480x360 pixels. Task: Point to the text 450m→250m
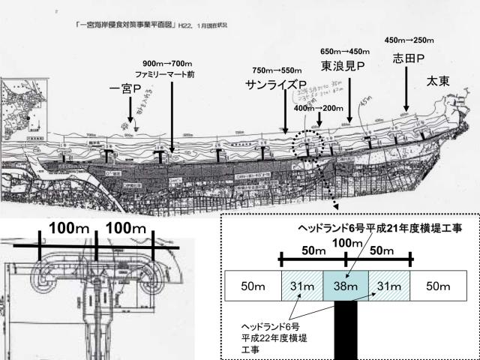click(409, 40)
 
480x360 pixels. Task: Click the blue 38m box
click(345, 287)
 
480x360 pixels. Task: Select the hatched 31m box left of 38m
click(301, 287)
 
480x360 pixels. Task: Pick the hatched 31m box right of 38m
click(388, 287)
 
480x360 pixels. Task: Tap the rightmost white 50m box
click(436, 287)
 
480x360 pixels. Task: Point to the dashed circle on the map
click(307, 145)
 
